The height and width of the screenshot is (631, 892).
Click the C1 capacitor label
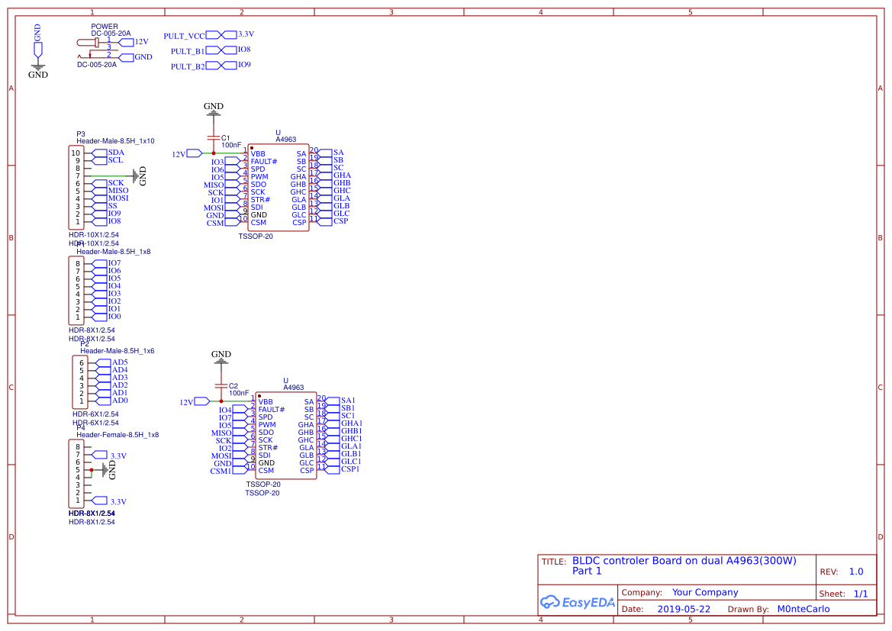225,138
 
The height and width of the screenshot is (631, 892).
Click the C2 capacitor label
233,386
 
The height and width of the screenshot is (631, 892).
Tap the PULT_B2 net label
188,66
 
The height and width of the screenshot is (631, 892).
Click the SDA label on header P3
116,153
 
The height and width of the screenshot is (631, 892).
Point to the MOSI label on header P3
118,198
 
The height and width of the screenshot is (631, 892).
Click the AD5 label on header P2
120,362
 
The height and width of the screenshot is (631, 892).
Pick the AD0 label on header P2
120,401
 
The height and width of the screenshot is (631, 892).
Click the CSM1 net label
221,472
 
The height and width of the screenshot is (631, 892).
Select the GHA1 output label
352,423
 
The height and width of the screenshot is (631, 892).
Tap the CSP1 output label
350,469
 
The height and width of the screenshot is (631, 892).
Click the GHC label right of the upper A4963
342,191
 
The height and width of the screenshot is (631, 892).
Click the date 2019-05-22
684,609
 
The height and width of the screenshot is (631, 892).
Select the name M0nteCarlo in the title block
803,609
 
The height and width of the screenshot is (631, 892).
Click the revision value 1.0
856,571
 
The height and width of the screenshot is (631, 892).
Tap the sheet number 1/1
860,593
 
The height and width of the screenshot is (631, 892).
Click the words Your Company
705,592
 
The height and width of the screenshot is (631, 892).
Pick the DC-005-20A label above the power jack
111,34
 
